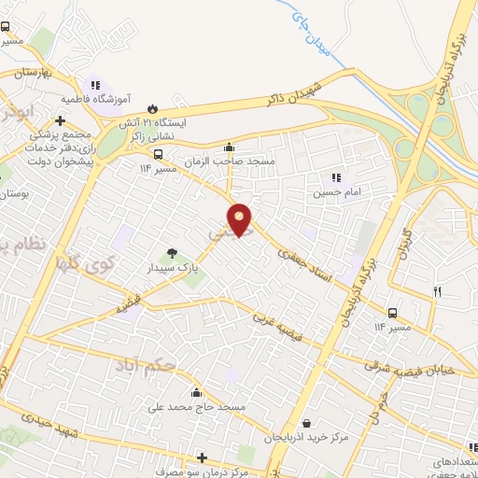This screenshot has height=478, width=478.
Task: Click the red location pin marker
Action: pyautogui.click(x=240, y=219)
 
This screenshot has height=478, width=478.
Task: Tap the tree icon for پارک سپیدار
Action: pyautogui.click(x=172, y=252)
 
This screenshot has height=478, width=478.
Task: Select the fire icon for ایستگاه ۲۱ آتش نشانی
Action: pyautogui.click(x=154, y=106)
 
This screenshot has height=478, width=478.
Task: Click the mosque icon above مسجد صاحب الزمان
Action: pyautogui.click(x=230, y=147)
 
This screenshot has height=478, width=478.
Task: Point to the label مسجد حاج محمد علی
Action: pyautogui.click(x=196, y=408)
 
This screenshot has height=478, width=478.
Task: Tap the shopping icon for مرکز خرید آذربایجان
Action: pyautogui.click(x=307, y=423)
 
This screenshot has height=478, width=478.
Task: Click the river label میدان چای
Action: pyautogui.click(x=309, y=35)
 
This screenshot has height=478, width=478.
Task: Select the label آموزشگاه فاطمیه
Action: pyautogui.click(x=96, y=97)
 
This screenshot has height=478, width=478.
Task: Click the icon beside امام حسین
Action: pyautogui.click(x=336, y=177)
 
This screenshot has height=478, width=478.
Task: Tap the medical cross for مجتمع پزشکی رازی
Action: pyautogui.click(x=61, y=120)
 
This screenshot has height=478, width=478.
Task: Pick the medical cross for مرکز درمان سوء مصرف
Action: pyautogui.click(x=202, y=457)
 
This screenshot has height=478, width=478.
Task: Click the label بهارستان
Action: pyautogui.click(x=37, y=72)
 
